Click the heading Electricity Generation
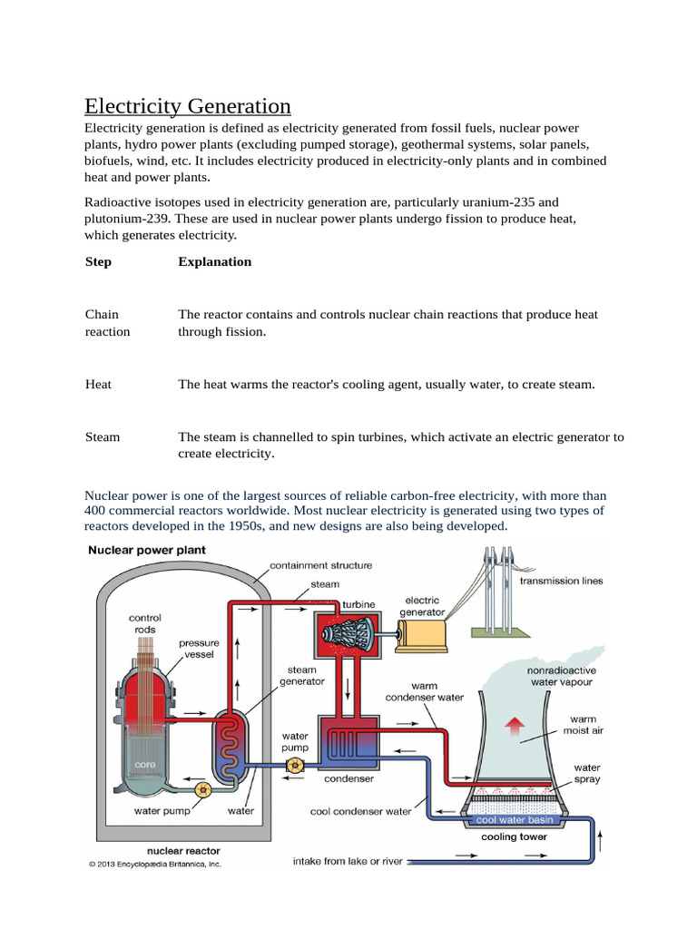[188, 106]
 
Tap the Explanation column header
[215, 261]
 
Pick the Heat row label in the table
[98, 384]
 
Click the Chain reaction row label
[107, 323]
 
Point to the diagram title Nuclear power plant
[146, 550]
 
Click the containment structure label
[321, 565]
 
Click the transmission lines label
[560, 581]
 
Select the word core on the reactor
[145, 765]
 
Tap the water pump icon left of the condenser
[294, 767]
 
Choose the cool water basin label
[515, 820]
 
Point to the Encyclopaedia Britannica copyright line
[154, 865]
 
